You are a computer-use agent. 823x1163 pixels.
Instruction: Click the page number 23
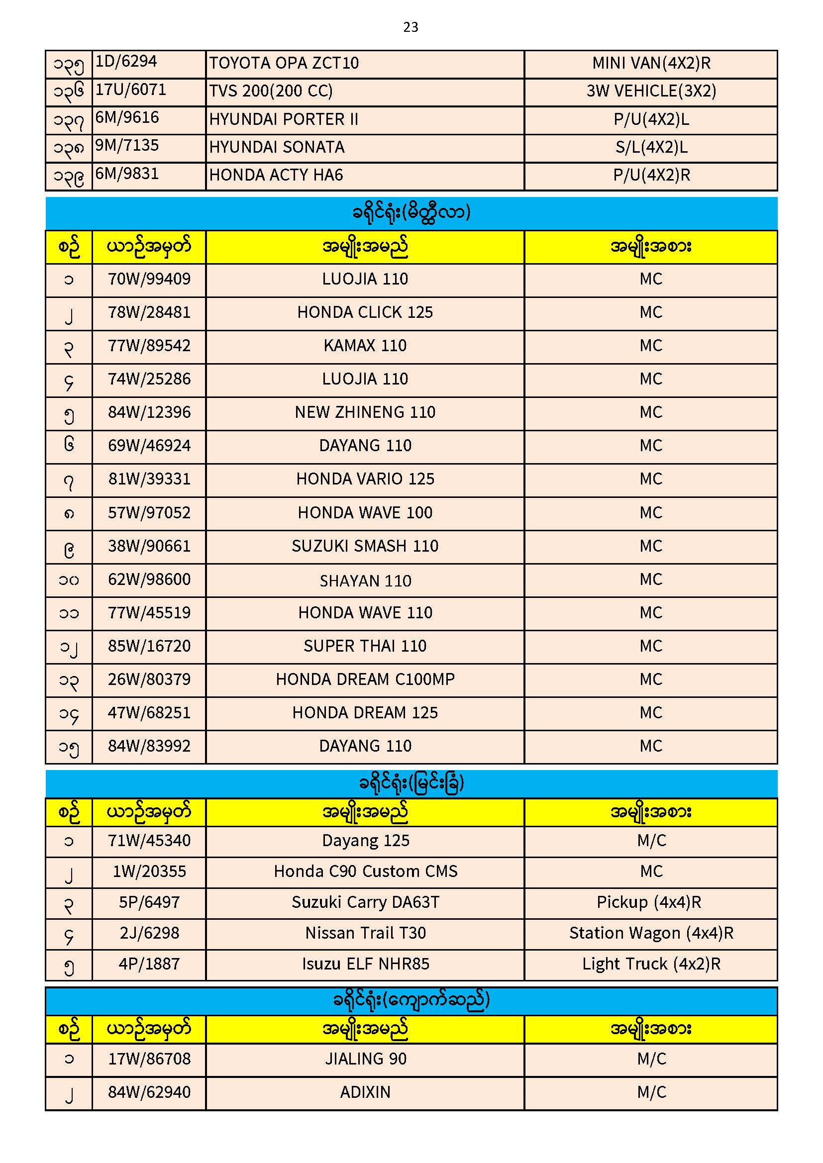pyautogui.click(x=411, y=27)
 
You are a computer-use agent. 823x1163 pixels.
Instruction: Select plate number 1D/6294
pyautogui.click(x=126, y=61)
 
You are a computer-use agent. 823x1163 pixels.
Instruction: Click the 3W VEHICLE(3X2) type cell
pyautogui.click(x=651, y=91)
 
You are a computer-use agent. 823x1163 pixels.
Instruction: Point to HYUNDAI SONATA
pyautogui.click(x=277, y=147)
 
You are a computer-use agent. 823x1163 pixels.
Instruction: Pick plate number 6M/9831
pyautogui.click(x=127, y=174)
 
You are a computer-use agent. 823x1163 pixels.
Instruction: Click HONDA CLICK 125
pyautogui.click(x=365, y=312)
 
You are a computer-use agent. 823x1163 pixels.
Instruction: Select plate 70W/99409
pyautogui.click(x=149, y=279)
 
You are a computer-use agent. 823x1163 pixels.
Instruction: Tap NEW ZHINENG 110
pyautogui.click(x=365, y=412)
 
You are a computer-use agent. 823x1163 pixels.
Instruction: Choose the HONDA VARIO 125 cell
pyautogui.click(x=365, y=479)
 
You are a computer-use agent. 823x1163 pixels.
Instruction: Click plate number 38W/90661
pyautogui.click(x=149, y=546)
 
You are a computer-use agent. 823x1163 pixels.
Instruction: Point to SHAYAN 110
pyautogui.click(x=365, y=581)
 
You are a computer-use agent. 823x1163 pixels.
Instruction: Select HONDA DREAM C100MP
pyautogui.click(x=365, y=679)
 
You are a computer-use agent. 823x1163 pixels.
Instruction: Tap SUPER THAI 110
pyautogui.click(x=365, y=646)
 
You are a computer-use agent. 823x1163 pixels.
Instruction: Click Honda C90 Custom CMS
pyautogui.click(x=365, y=871)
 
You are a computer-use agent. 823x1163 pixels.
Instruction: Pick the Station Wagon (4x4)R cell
pyautogui.click(x=651, y=933)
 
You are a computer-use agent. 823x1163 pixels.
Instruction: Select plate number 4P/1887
pyautogui.click(x=149, y=964)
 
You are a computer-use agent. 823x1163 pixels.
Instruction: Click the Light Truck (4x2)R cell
pyautogui.click(x=651, y=964)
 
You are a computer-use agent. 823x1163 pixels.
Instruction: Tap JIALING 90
pyautogui.click(x=365, y=1059)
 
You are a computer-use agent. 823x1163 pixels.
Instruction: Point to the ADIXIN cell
pyautogui.click(x=365, y=1092)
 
